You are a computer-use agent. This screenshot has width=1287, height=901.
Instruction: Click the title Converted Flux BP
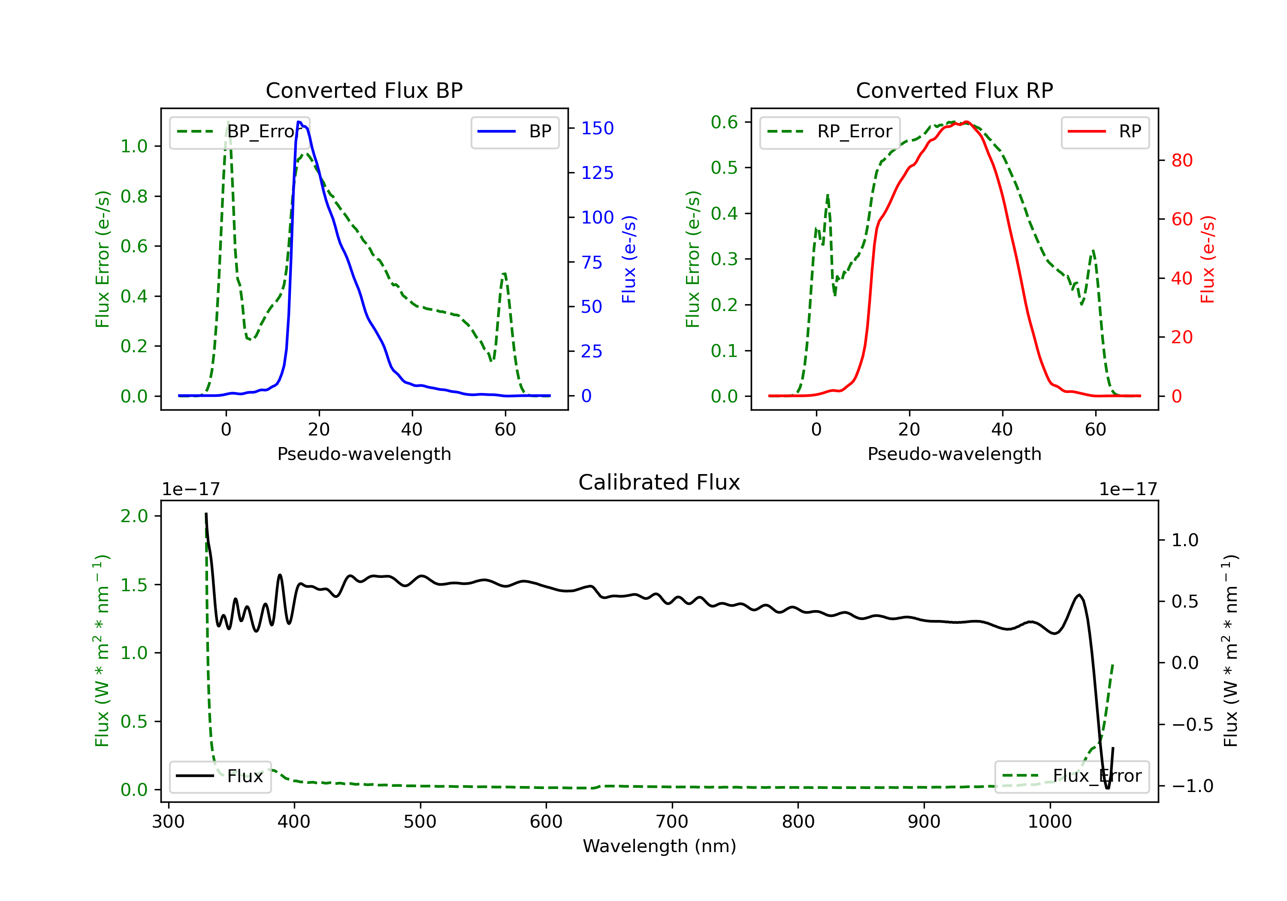364,90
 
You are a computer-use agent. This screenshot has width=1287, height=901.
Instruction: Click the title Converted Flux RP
954,90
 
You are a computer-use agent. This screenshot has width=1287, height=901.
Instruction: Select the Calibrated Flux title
659,482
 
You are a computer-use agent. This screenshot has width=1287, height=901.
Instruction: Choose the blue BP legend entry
514,132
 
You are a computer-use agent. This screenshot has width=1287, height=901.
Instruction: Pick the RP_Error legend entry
830,132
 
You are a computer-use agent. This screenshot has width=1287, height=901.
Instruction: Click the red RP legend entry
1105,132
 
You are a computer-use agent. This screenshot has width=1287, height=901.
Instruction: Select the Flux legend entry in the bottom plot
220,777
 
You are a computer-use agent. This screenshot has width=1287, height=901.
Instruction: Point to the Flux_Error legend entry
1071,777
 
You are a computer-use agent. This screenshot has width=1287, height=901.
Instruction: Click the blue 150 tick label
598,128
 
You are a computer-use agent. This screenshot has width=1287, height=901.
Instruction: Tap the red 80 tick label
1182,160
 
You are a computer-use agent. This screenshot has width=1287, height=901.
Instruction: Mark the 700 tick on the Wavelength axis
672,822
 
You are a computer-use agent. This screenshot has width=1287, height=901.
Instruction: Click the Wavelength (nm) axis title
659,846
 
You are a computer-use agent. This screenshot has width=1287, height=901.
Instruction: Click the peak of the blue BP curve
300,122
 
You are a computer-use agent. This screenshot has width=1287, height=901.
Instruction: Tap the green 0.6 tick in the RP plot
724,122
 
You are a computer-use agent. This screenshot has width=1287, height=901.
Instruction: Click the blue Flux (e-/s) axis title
629,260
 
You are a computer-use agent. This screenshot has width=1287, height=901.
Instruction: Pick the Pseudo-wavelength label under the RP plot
954,454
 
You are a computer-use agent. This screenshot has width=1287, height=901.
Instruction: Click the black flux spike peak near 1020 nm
1079,595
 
